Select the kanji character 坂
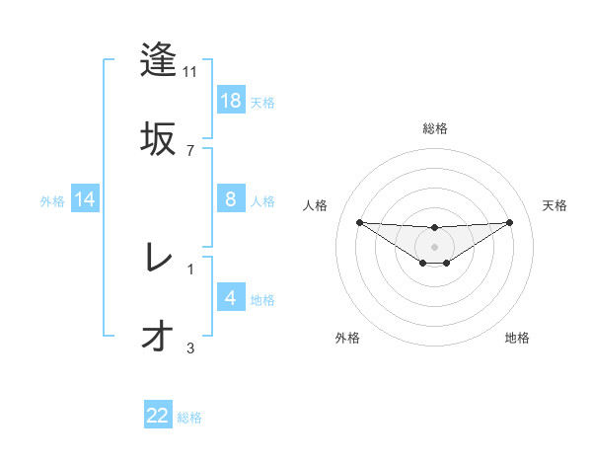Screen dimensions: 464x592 [159, 139]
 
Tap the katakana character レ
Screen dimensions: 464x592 [159, 258]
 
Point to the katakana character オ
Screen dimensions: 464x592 [159, 337]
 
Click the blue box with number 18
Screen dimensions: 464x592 [231, 101]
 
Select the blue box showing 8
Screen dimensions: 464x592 [231, 199]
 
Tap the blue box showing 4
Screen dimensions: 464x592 [231, 298]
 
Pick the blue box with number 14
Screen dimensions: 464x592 [85, 199]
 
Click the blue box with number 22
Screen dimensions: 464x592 [158, 416]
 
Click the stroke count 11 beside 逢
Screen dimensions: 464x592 [190, 71]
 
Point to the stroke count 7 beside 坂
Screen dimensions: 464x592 [190, 150]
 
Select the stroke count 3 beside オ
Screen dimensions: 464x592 [190, 348]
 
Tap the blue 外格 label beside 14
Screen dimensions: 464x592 [52, 200]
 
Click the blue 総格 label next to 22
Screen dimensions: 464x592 [189, 417]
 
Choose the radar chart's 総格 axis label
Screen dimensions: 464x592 [435, 128]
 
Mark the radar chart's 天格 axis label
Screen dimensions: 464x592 [555, 205]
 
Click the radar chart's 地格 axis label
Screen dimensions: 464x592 [517, 338]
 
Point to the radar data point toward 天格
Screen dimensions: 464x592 [510, 222]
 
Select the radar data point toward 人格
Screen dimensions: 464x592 [359, 222]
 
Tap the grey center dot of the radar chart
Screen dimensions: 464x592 [435, 247]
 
